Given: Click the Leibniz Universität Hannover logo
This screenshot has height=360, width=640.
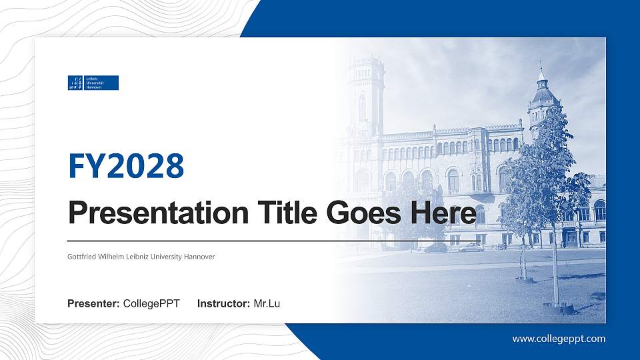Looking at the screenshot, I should pos(93,83).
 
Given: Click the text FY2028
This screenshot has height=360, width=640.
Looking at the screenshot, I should pos(126,167).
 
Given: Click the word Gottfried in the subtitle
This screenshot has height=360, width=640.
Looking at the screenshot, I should pos(82,257).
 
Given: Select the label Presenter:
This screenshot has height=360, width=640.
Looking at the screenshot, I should pos(93,304).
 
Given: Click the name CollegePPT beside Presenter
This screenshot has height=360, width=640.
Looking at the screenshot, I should pos(151,304).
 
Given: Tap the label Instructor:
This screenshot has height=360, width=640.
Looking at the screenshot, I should pos(224,304).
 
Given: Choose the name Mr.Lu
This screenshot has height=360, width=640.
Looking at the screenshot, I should pos(267,304).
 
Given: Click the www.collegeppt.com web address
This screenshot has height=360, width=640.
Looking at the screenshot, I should pos(559,339).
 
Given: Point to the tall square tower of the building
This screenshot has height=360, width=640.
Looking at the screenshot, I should pos(366,97).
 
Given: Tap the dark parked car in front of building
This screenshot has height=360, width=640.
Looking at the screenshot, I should pos(436,247).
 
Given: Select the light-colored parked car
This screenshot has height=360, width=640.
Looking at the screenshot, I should pos(472,247).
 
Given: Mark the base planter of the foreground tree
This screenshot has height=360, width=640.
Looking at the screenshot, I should pos(559,308).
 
